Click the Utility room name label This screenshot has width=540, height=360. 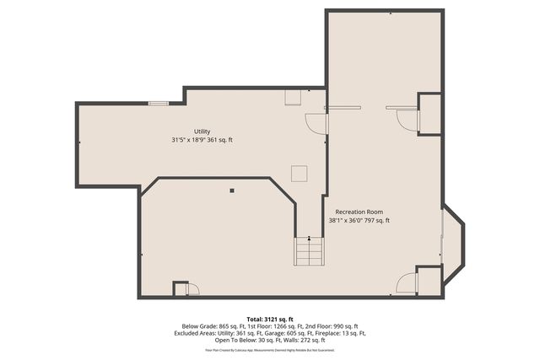pyautogui.click(x=202, y=131)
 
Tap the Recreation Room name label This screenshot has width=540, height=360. pyautogui.click(x=359, y=211)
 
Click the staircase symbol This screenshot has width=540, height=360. pyautogui.click(x=309, y=251)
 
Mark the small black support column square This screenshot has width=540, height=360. pyautogui.click(x=231, y=190)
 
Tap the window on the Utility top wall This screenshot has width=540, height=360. pyautogui.click(x=158, y=103)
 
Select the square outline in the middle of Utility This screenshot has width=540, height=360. pyautogui.click(x=299, y=173)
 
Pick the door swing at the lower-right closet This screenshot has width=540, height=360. pyautogui.click(x=406, y=282)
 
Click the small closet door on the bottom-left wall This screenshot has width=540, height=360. pyautogui.click(x=191, y=289)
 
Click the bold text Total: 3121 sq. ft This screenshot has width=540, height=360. pyautogui.click(x=270, y=319)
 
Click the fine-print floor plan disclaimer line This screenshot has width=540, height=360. pyautogui.click(x=270, y=349)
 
